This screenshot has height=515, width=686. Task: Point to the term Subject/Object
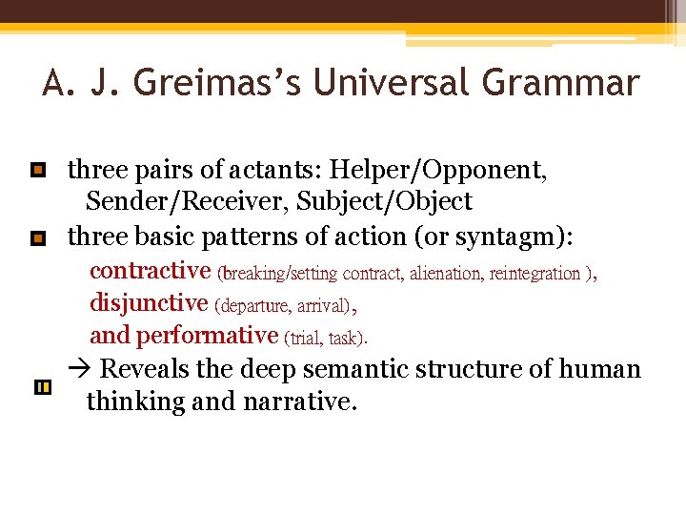(x=384, y=202)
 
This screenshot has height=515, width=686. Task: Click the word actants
(x=276, y=171)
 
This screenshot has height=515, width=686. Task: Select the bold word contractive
(x=150, y=271)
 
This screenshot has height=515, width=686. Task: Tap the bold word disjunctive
(x=148, y=303)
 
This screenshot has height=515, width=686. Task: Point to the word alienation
(x=445, y=274)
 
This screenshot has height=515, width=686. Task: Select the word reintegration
(x=535, y=274)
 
